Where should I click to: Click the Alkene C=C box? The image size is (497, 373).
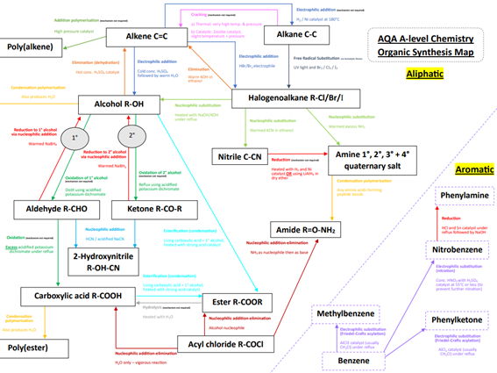point(139,37)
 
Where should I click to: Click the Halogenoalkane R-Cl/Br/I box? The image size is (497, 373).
point(299,99)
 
